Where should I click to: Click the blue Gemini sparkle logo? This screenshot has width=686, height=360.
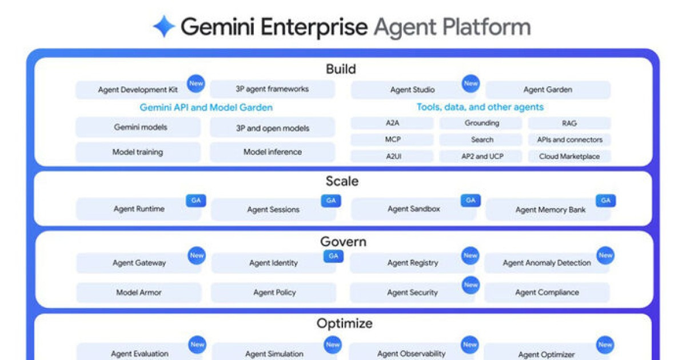[x=164, y=26]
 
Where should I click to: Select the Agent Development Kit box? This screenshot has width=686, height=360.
[x=137, y=90]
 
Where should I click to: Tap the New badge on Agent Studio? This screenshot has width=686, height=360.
[x=471, y=83]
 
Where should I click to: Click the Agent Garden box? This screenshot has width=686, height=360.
[x=547, y=90]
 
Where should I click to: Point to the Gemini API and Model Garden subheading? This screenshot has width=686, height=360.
[x=206, y=107]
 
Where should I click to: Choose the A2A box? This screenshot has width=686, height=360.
[x=393, y=123]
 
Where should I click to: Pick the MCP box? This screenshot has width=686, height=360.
[x=393, y=139]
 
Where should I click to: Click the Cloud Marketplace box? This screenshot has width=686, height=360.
[x=569, y=156]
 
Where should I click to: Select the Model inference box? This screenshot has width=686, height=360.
[x=272, y=152]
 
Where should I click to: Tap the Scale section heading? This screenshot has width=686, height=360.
[x=342, y=181]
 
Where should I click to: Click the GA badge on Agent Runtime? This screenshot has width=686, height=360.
[x=196, y=200]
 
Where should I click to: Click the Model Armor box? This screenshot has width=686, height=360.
[x=138, y=293]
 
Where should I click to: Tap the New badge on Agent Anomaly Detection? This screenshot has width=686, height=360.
[x=605, y=255]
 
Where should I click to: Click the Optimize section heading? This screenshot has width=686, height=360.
[x=344, y=323]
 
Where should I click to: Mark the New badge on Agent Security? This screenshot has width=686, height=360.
[x=471, y=285]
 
